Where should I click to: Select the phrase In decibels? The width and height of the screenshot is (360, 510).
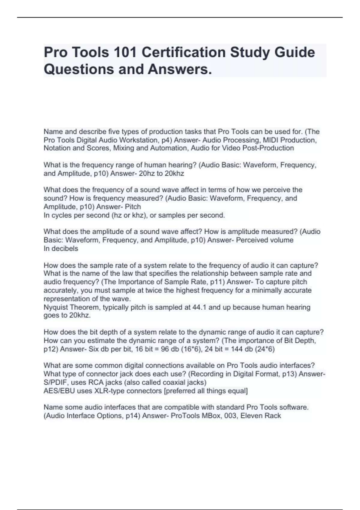coord(61,248)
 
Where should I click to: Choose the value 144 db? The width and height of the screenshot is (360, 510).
coord(235,349)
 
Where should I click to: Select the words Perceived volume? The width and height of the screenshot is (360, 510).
coord(265,240)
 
